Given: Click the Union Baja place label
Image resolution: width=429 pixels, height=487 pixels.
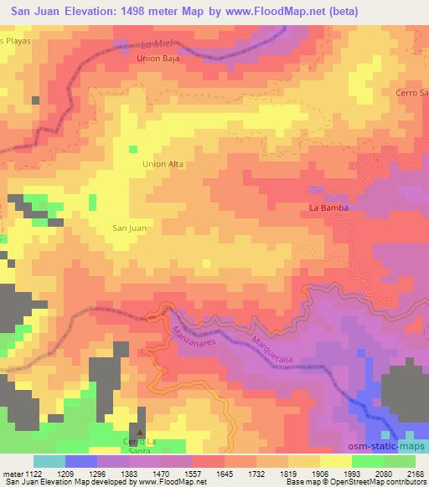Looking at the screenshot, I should [158, 59].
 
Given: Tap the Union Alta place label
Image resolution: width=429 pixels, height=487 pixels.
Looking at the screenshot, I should [163, 164].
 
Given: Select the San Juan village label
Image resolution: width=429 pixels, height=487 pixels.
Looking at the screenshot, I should [129, 227].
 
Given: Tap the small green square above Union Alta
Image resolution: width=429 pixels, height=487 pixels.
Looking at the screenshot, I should [132, 149].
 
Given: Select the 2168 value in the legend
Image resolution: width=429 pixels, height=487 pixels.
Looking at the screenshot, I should [413, 474].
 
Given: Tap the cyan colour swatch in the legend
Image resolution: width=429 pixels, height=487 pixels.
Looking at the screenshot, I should [49, 461].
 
